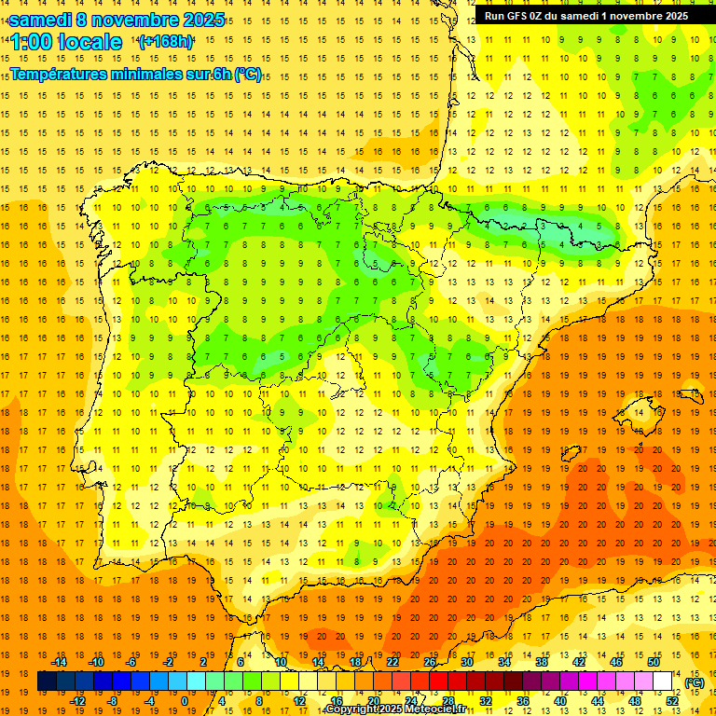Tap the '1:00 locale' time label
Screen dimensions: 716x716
tap(66, 43)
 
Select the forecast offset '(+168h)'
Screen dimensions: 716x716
tap(166, 42)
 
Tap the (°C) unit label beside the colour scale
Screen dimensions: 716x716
tap(694, 682)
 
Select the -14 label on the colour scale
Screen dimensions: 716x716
tap(60, 662)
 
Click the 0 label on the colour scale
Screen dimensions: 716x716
tap(185, 701)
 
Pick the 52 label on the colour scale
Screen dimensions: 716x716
tap(672, 701)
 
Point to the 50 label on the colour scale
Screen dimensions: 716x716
tap(654, 662)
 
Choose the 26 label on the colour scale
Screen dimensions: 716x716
tap(430, 662)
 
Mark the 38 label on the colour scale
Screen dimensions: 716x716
tap(542, 662)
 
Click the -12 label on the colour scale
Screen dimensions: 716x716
tap(78, 701)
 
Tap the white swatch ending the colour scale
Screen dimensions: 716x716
tap(663, 682)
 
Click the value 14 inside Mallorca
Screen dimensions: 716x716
tap(637, 412)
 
